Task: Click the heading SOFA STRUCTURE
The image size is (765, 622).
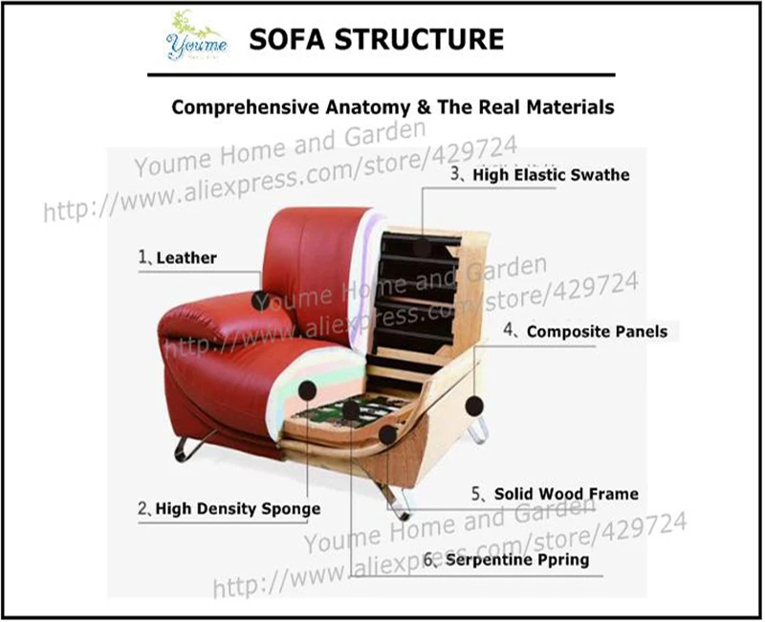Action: tap(375, 39)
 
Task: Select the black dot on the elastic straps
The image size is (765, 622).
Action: tap(422, 247)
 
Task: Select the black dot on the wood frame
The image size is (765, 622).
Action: tap(387, 435)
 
